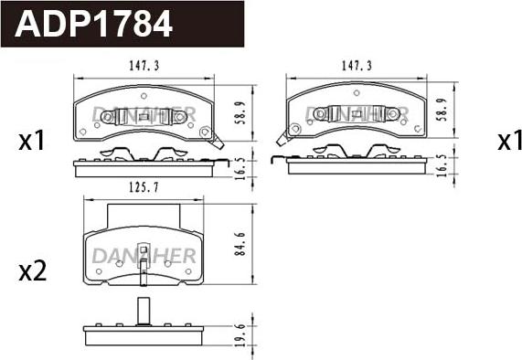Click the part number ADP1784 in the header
point(93,24)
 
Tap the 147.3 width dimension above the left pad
point(144,66)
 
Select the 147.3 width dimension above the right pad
point(357,66)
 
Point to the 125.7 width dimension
point(144,187)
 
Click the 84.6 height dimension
point(240,244)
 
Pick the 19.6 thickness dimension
point(240,334)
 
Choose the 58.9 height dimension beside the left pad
point(241,112)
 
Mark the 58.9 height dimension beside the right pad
point(442,110)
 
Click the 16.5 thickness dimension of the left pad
point(240,169)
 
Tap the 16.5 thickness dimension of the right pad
point(442,165)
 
